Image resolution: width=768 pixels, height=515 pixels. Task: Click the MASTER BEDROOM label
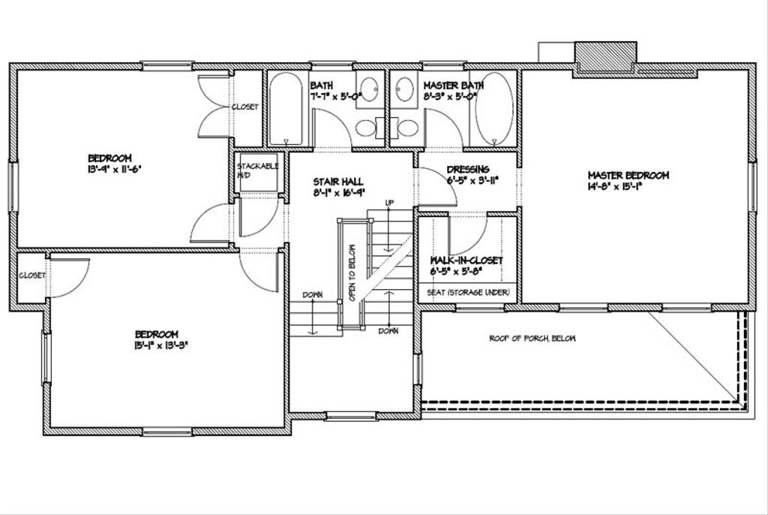pos(628,175)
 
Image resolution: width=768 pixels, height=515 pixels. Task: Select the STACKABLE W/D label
pos(258,170)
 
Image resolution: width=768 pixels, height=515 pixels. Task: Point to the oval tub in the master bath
pos(493,107)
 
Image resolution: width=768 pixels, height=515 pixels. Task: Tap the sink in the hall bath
pos(367,89)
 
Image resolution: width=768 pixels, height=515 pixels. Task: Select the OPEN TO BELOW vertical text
pos(350,273)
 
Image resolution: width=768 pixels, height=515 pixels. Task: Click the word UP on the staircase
pos(389,203)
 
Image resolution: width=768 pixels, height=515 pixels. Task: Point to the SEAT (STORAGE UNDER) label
pos(469,292)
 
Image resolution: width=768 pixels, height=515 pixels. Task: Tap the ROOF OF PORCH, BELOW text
pos(532,339)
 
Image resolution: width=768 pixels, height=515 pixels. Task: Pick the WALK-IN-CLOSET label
pos(466,261)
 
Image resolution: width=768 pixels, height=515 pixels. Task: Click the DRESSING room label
pos(468,170)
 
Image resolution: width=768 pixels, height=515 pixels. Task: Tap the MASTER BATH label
pos(453,86)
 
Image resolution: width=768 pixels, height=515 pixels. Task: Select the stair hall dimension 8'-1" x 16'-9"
pos(338,192)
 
